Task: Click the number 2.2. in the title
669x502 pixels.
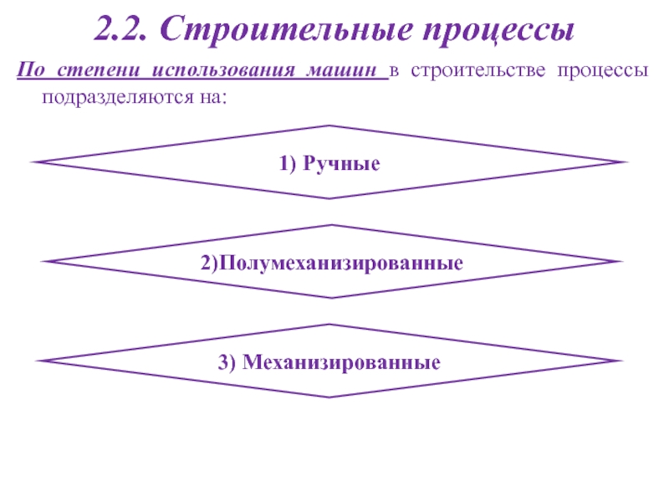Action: point(122,31)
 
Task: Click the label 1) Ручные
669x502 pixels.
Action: point(329,165)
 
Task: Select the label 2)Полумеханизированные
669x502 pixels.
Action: point(331,264)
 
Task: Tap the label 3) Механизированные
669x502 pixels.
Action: point(329,363)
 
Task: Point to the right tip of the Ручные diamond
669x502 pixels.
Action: point(625,161)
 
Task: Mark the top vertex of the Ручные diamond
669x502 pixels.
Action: point(329,125)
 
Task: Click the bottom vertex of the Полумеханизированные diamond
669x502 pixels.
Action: point(331,298)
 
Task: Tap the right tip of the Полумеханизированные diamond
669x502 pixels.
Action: point(623,262)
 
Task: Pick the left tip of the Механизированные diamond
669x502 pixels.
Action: point(38,361)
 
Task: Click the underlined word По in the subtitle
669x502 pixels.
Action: point(28,72)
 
